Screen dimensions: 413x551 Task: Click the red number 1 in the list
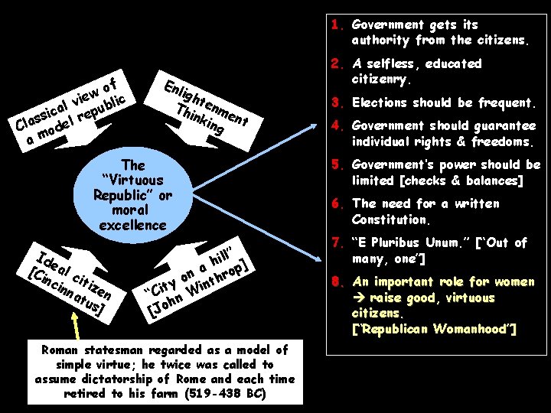coord(335,24)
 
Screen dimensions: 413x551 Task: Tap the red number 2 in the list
coord(335,63)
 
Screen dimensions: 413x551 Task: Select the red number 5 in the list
coord(335,164)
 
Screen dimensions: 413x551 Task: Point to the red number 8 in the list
coord(335,281)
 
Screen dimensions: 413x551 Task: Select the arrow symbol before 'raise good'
coord(358,298)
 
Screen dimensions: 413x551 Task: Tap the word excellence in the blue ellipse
coord(132,225)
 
